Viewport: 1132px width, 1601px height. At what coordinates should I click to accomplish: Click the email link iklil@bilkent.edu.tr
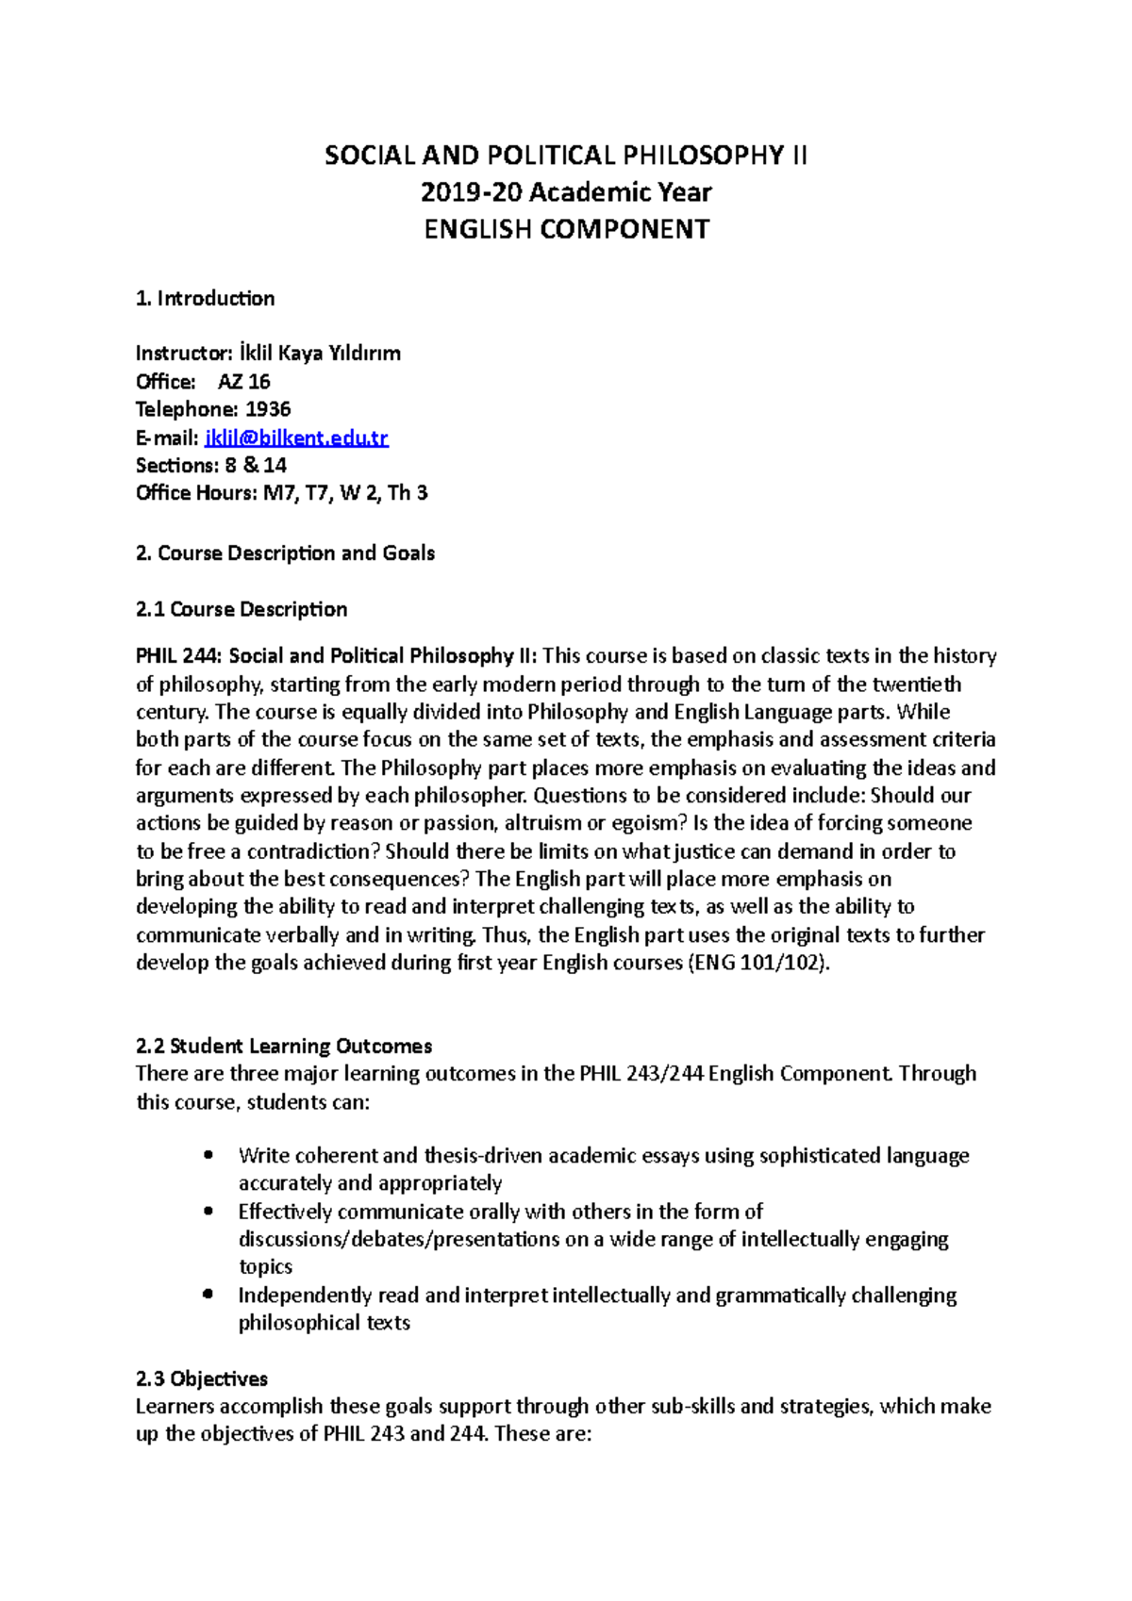tap(296, 437)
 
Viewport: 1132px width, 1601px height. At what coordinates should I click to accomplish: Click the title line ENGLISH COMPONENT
tap(566, 229)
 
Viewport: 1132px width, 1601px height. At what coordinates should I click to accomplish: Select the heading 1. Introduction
tap(205, 299)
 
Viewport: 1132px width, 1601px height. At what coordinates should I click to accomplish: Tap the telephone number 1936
tap(268, 409)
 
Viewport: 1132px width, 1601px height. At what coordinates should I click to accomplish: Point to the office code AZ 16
tap(244, 382)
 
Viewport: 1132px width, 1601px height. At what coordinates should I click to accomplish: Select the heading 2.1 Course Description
tap(241, 610)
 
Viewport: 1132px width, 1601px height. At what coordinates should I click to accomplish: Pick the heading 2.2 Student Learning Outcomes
tap(283, 1047)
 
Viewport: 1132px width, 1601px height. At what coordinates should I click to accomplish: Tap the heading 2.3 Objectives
tap(201, 1379)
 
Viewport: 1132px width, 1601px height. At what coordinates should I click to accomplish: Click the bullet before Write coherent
tap(208, 1155)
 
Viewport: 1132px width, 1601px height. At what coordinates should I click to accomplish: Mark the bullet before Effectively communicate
tap(208, 1212)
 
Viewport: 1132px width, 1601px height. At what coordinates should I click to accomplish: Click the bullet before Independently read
tap(208, 1295)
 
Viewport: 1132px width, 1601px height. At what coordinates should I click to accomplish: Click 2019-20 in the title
tap(471, 192)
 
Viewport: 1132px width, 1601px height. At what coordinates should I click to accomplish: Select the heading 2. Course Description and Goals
tap(285, 553)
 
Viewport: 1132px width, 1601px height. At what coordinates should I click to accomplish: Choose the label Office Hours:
tap(195, 493)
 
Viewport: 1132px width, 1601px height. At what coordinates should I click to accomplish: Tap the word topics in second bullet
tap(265, 1267)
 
